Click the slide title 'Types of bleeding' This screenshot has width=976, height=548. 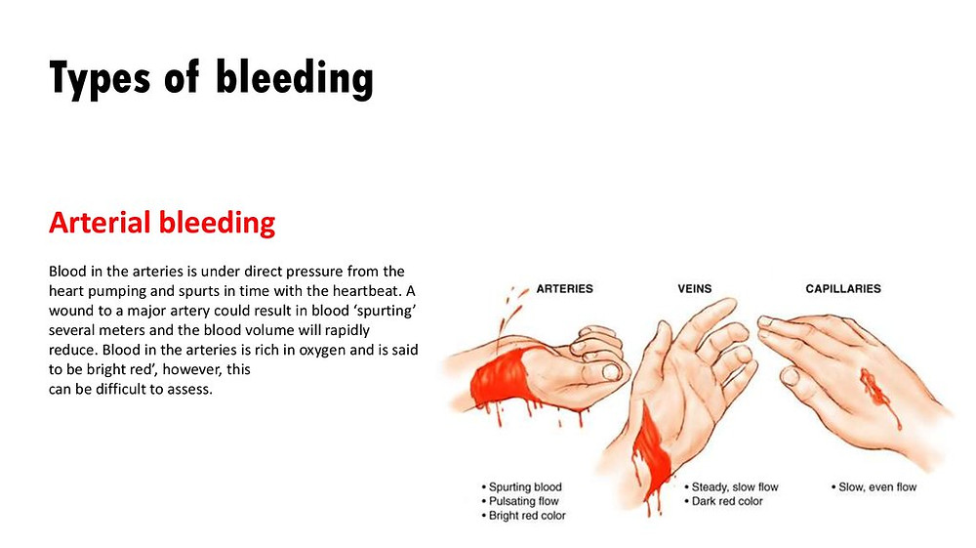pyautogui.click(x=211, y=79)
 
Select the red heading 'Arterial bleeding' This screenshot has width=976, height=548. pyautogui.click(x=162, y=223)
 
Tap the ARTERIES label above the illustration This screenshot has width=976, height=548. pyautogui.click(x=564, y=289)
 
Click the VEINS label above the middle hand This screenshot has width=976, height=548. pyautogui.click(x=695, y=289)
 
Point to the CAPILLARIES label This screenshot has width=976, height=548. pyautogui.click(x=843, y=289)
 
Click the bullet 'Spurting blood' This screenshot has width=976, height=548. pyautogui.click(x=521, y=487)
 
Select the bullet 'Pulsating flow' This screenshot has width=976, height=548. pyautogui.click(x=520, y=501)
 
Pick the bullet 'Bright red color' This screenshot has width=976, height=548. pyautogui.click(x=523, y=516)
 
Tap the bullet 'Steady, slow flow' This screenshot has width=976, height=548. pyautogui.click(x=731, y=487)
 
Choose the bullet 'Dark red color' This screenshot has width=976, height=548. pyautogui.click(x=723, y=501)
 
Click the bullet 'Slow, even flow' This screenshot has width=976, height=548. pyautogui.click(x=874, y=487)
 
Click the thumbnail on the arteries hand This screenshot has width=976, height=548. pyautogui.click(x=611, y=372)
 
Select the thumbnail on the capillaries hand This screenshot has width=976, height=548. pyautogui.click(x=790, y=376)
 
